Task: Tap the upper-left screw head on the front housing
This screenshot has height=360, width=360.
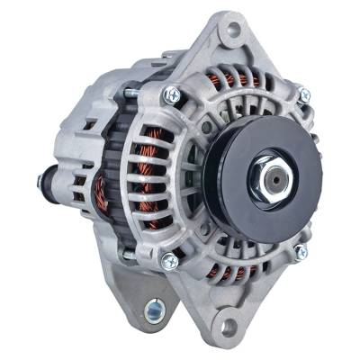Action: [x=171, y=93]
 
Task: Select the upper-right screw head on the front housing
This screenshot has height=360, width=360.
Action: [x=304, y=94]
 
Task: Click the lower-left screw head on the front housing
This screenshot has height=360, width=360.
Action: [x=168, y=261]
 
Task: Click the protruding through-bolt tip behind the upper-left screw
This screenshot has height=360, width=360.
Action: [x=130, y=91]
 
